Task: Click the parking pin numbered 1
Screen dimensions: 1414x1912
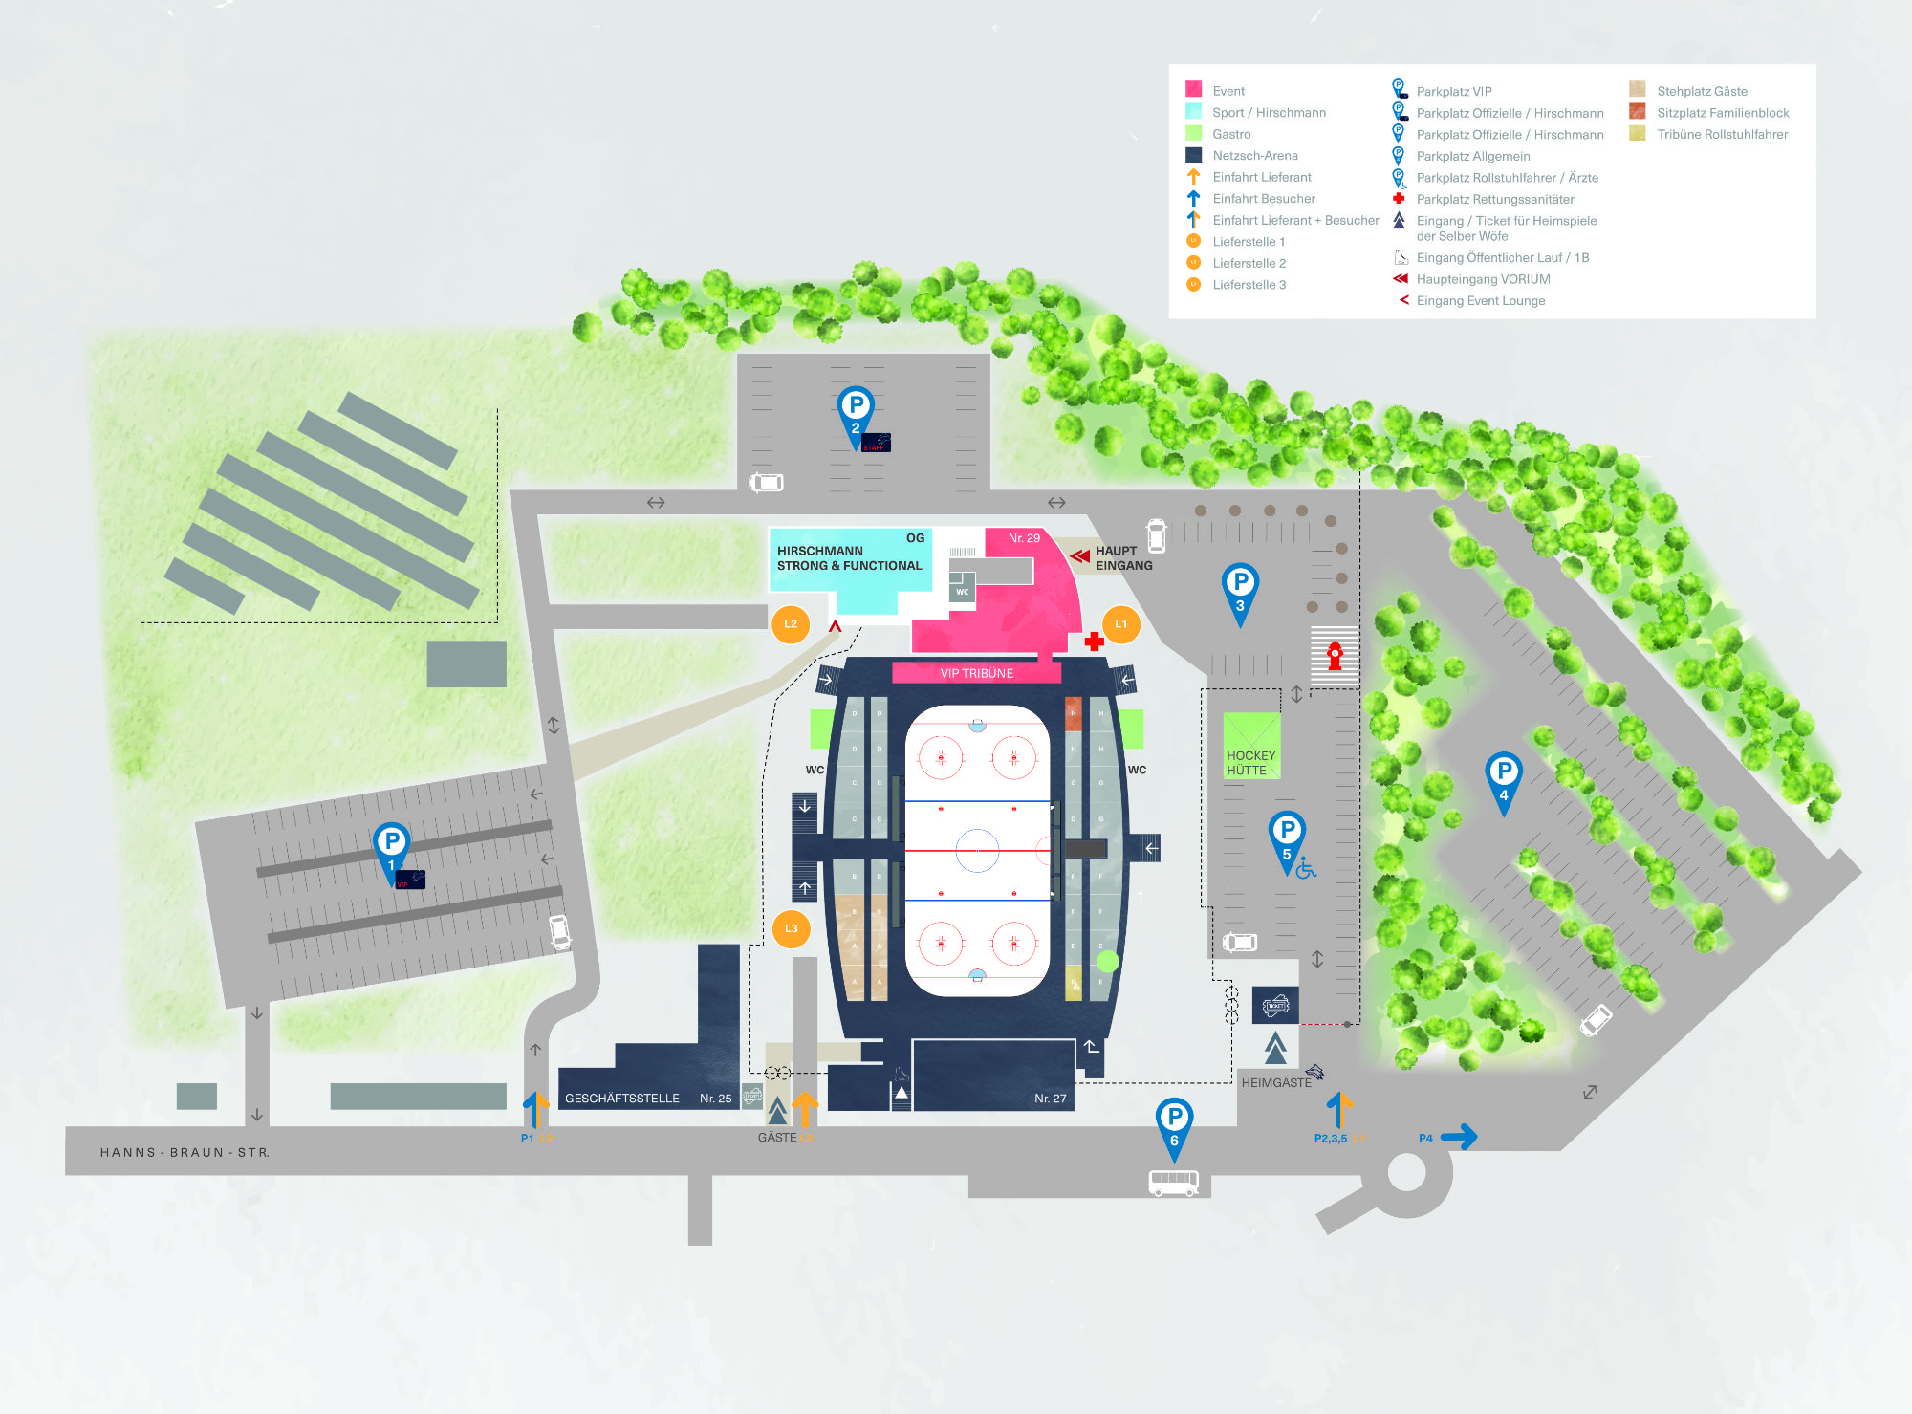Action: tap(391, 844)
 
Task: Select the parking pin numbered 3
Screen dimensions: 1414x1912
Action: tap(1240, 585)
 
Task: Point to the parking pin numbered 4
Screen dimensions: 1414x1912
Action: tap(1503, 774)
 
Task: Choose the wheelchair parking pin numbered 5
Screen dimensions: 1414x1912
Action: tap(1287, 834)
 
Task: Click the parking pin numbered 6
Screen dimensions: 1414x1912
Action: tap(1174, 1120)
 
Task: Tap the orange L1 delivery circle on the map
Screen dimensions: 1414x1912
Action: tap(1120, 624)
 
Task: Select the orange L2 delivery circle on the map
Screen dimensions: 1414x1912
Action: tap(791, 624)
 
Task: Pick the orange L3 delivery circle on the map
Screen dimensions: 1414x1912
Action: tap(791, 928)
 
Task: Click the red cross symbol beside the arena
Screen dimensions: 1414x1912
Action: tap(1095, 642)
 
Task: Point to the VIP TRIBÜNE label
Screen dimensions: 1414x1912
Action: tap(976, 673)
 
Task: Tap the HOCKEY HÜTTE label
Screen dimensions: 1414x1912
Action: tap(1250, 762)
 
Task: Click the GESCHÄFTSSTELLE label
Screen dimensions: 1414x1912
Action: tap(622, 1099)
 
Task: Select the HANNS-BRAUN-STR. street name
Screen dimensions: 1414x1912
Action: tap(185, 1153)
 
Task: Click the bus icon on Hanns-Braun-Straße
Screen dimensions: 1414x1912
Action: tap(1173, 1183)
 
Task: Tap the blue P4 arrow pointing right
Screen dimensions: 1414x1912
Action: tap(1459, 1137)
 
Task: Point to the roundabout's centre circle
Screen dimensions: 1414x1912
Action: tap(1406, 1172)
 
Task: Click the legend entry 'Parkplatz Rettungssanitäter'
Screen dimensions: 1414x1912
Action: tap(1495, 199)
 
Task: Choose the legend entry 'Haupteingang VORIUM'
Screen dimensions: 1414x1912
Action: tap(1483, 279)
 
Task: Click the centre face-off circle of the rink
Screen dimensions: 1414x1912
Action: tap(977, 849)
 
